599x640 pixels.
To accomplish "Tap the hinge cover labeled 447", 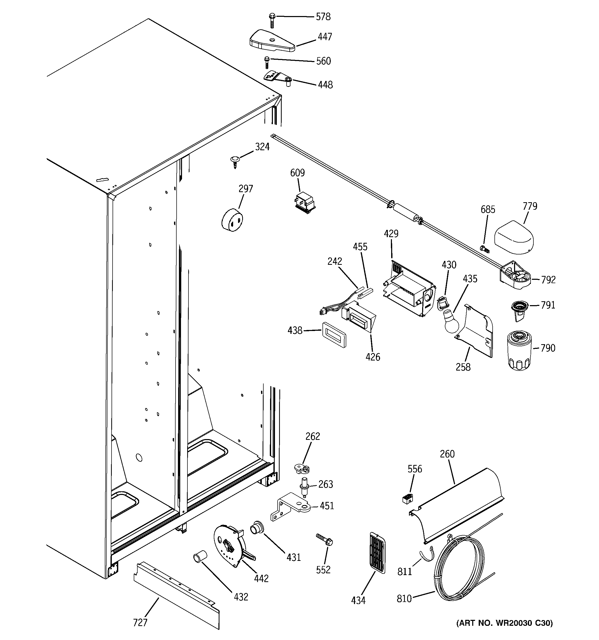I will (x=272, y=41).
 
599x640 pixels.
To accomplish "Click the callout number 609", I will (x=297, y=173).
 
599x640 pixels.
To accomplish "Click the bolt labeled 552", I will (x=325, y=540).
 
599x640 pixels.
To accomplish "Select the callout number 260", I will (x=447, y=454).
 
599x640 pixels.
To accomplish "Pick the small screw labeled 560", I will (x=266, y=62).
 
